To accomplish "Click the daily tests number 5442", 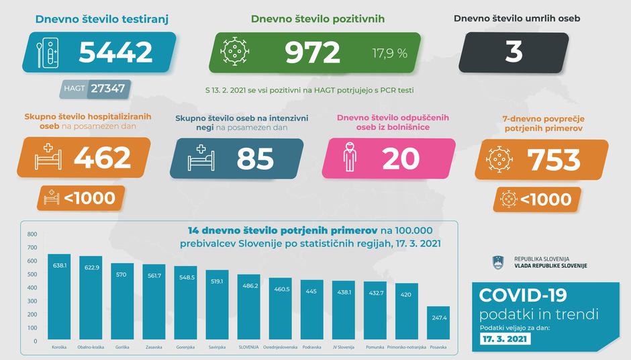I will tap(115, 52).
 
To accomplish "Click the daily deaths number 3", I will tap(514, 52).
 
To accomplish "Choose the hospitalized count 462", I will tap(102, 158).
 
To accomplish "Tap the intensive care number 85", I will tap(255, 159).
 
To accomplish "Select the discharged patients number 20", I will tap(401, 159).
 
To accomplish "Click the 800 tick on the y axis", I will tap(32, 234).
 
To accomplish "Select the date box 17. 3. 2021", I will tap(504, 340).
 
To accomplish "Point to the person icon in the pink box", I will tap(348, 159).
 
